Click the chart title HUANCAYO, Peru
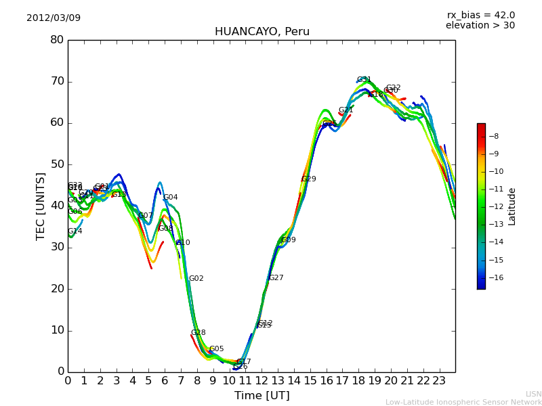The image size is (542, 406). tap(262, 32)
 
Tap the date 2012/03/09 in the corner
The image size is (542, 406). tap(54, 18)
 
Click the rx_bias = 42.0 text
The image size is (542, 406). tap(481, 15)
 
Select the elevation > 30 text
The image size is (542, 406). tap(480, 26)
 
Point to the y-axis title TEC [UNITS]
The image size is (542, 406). tap(41, 206)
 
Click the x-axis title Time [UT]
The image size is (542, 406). tap(262, 395)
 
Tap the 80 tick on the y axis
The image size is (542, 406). tap(57, 40)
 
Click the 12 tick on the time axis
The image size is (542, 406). tap(262, 380)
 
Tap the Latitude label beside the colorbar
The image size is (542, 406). tap(512, 206)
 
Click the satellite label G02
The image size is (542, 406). tap(196, 279)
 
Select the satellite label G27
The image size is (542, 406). tap(276, 278)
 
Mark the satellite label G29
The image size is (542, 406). tap(308, 179)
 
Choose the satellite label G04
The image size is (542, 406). tap(170, 198)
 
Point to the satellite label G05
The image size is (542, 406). tap(216, 349)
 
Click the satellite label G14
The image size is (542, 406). tap(75, 231)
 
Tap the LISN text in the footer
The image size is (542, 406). tap(533, 394)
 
